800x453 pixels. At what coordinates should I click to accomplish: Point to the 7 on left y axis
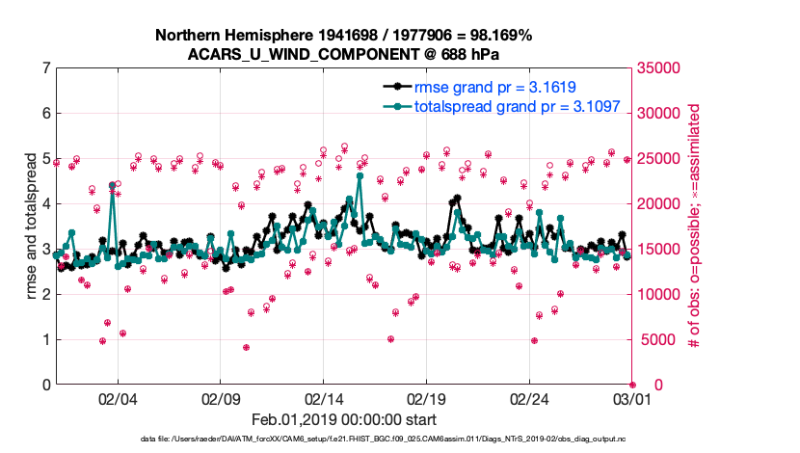pos(45,68)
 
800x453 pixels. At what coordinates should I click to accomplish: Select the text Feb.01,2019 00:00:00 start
pos(343,420)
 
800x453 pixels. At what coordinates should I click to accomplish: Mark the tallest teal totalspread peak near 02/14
pos(360,175)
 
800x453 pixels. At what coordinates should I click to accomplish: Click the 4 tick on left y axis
pos(45,204)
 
